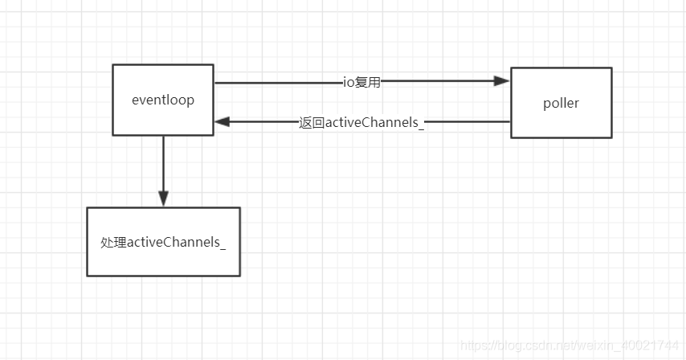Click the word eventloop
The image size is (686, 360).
pyautogui.click(x=163, y=100)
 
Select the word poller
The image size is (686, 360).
pyautogui.click(x=561, y=103)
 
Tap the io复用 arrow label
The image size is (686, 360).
pyautogui.click(x=361, y=82)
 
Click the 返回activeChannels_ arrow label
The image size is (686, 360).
pyautogui.click(x=361, y=122)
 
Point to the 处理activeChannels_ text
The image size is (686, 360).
pyautogui.click(x=163, y=243)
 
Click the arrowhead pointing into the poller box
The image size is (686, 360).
pyautogui.click(x=501, y=81)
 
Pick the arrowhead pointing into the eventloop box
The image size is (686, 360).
pyautogui.click(x=223, y=121)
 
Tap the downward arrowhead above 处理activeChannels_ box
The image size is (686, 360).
pyautogui.click(x=164, y=198)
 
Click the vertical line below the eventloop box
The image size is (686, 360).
pyautogui.click(x=164, y=163)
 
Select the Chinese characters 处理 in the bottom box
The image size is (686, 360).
pyautogui.click(x=113, y=243)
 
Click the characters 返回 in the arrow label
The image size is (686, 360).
pyautogui.click(x=312, y=122)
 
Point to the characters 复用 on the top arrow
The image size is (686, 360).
pyautogui.click(x=368, y=82)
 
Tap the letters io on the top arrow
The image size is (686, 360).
pyautogui.click(x=349, y=82)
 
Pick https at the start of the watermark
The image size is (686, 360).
pyautogui.click(x=473, y=346)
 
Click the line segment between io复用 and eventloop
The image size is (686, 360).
pyautogui.click(x=279, y=82)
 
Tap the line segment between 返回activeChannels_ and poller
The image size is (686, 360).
pyautogui.click(x=468, y=121)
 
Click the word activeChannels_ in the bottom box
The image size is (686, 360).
pyautogui.click(x=176, y=243)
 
